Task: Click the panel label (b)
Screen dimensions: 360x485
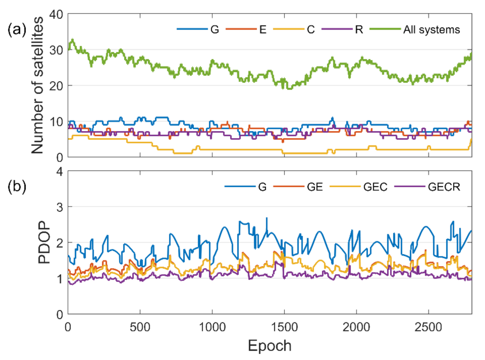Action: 17,186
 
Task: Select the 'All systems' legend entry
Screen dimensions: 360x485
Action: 432,30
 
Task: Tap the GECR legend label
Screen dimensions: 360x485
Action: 444,187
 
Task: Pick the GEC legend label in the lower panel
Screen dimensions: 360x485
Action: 375,187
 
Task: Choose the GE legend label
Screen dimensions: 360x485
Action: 315,187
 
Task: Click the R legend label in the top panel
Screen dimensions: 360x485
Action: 359,30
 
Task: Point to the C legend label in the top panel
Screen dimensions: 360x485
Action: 311,30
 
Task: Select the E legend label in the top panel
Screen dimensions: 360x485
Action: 263,30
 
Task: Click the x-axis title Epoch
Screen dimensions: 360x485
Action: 269,346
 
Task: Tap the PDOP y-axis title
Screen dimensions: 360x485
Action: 44,242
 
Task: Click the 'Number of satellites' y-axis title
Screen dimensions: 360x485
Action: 37,85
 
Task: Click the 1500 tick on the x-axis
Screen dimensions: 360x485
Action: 284,327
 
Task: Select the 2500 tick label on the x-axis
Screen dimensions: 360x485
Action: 428,327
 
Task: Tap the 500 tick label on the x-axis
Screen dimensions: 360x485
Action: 140,327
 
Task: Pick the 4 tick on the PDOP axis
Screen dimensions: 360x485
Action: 59,171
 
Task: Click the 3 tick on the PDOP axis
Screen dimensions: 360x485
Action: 59,207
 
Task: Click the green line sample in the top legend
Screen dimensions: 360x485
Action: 385,29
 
